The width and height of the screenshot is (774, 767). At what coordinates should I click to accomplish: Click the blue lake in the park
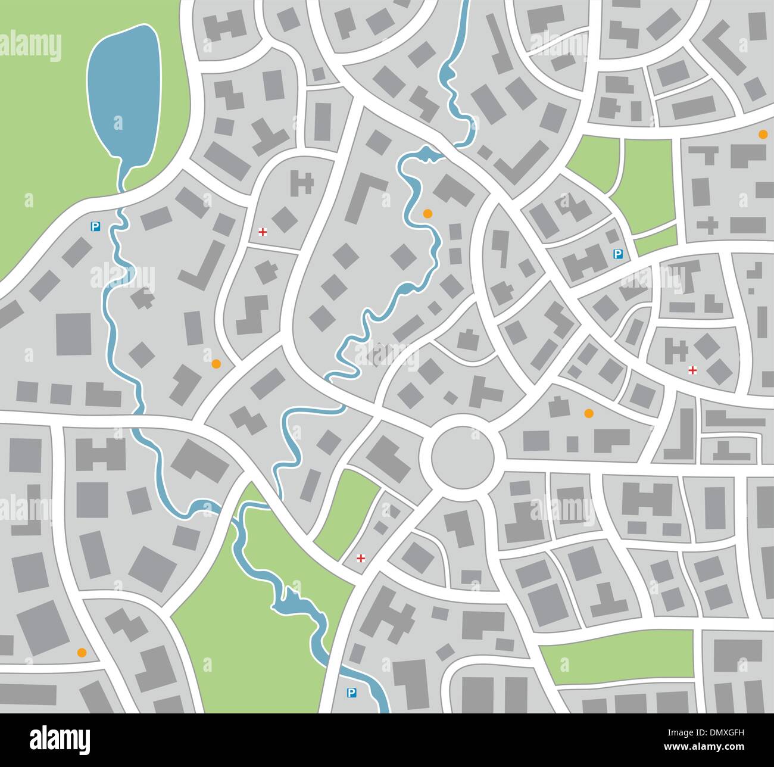pyautogui.click(x=123, y=95)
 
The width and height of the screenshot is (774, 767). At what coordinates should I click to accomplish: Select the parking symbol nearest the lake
pyautogui.click(x=94, y=226)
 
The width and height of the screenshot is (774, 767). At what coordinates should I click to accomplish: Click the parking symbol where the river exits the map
pyautogui.click(x=351, y=693)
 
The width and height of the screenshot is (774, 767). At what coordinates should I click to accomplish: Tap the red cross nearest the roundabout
pyautogui.click(x=360, y=558)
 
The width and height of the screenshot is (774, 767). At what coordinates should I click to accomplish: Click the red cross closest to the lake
pyautogui.click(x=262, y=232)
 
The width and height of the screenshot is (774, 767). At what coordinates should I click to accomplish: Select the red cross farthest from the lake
pyautogui.click(x=692, y=370)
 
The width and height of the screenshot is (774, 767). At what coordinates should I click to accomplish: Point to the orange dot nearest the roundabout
pyautogui.click(x=589, y=413)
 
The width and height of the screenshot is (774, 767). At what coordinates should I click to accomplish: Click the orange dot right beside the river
pyautogui.click(x=427, y=213)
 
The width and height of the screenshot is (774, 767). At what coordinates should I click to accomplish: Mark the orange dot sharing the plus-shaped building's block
pyautogui.click(x=763, y=135)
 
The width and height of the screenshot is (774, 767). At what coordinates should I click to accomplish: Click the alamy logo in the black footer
pyautogui.click(x=60, y=739)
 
